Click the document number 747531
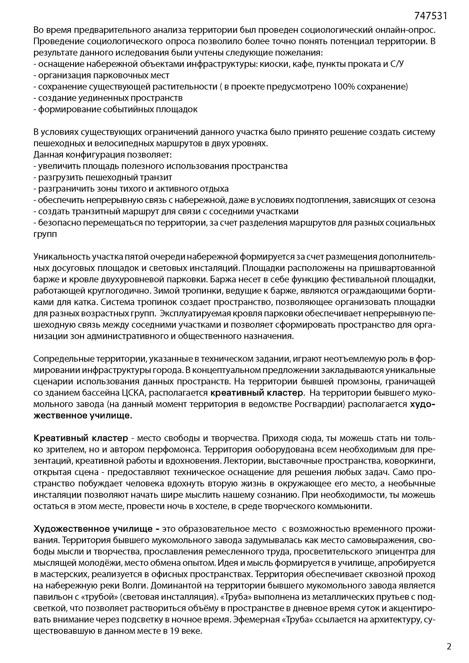tap(431, 16)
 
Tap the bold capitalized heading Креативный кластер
tap(81, 438)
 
